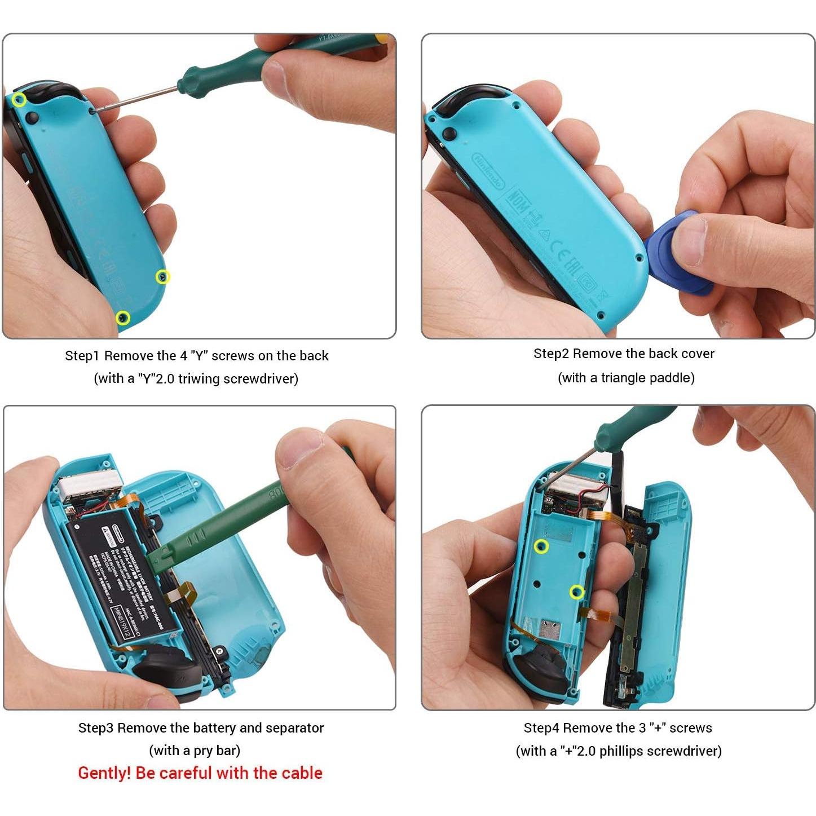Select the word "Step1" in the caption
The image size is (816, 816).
tap(82, 356)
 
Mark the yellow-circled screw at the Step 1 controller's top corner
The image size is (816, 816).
tap(20, 100)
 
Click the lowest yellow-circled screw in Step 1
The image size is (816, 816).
tap(123, 318)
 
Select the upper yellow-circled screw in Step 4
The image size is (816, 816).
tap(541, 546)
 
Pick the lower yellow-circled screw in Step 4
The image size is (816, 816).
tap(576, 592)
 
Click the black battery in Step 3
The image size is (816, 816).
tap(121, 575)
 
